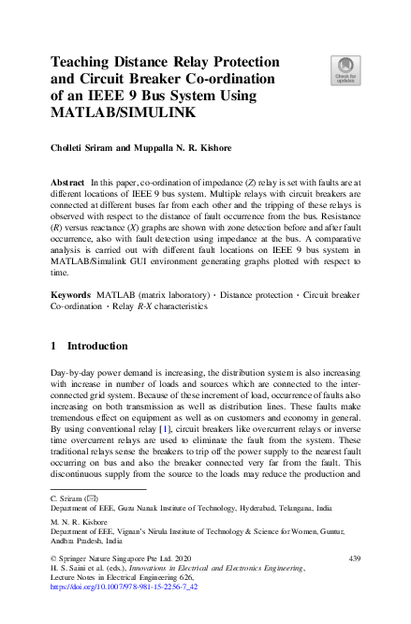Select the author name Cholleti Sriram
click(x=85, y=149)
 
